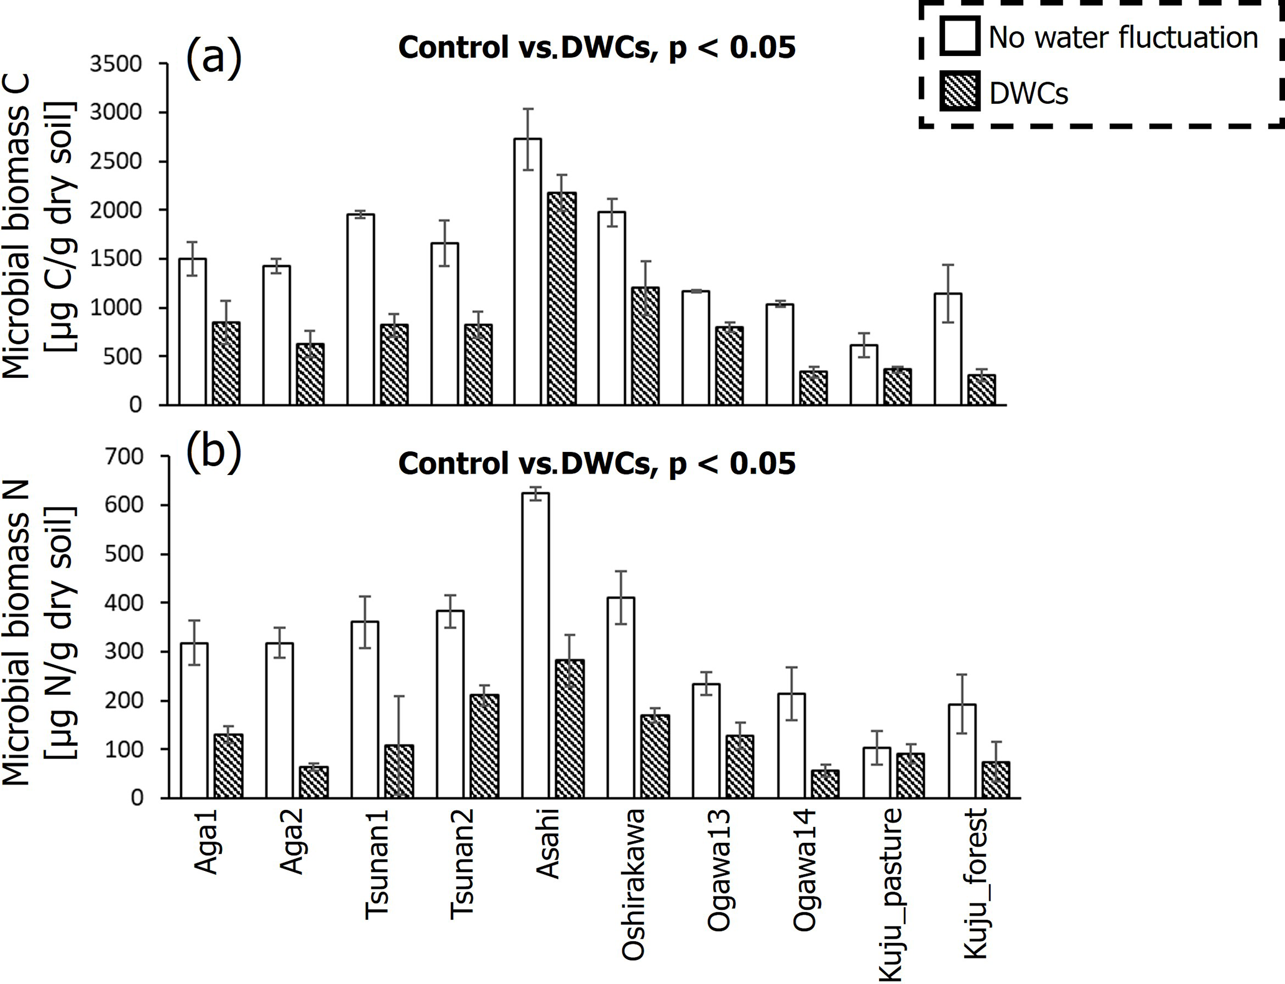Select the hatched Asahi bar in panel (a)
click(561, 299)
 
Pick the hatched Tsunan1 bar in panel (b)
click(399, 771)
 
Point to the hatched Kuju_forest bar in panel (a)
click(981, 390)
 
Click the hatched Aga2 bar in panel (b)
click(314, 783)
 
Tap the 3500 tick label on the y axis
click(116, 64)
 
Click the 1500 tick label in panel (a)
click(116, 259)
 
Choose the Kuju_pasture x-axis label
click(891, 895)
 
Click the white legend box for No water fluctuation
click(960, 36)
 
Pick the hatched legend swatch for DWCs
click(960, 91)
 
